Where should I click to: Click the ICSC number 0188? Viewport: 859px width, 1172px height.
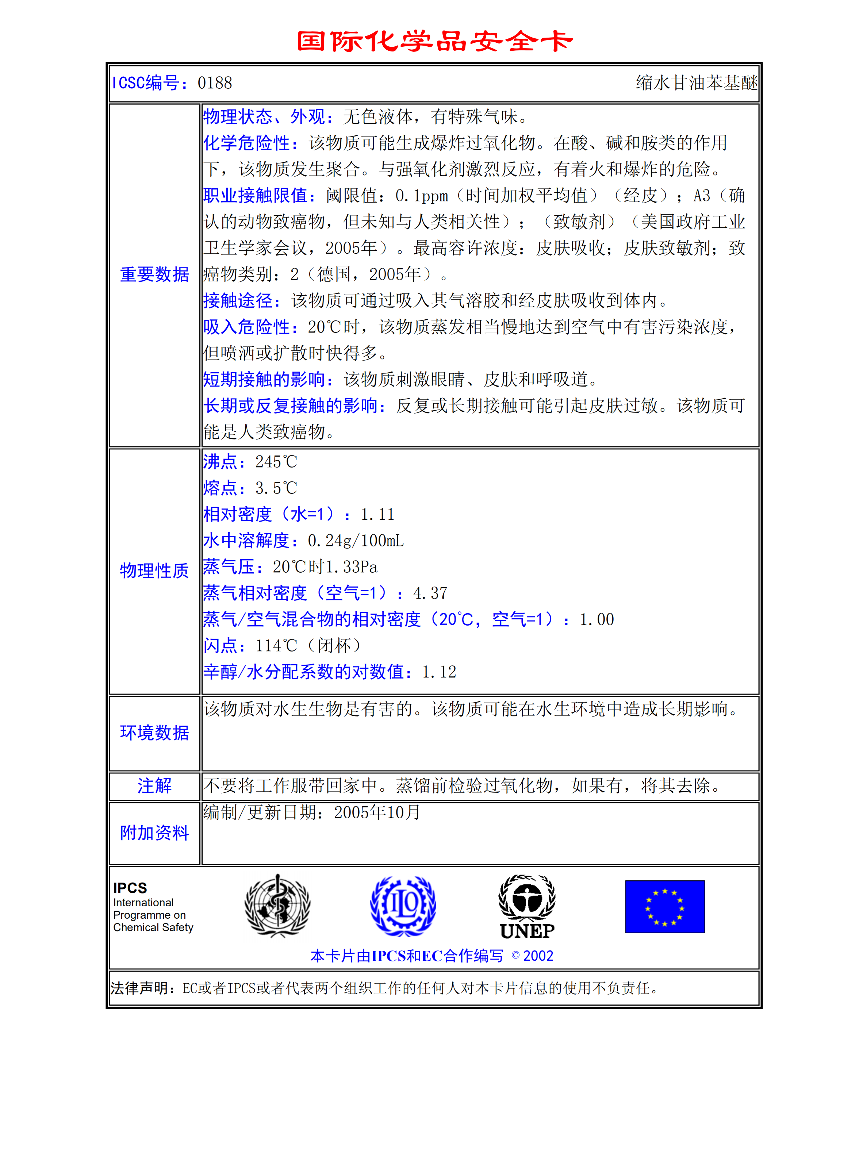pyautogui.click(x=215, y=83)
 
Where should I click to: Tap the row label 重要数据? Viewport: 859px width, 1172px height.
pyautogui.click(x=154, y=274)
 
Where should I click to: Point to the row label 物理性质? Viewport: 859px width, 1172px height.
pyautogui.click(x=154, y=570)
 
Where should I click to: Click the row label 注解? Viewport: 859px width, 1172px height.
pyautogui.click(x=154, y=785)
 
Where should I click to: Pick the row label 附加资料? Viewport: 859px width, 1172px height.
pyautogui.click(x=154, y=833)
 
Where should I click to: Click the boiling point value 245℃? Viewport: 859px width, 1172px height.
pyautogui.click(x=276, y=461)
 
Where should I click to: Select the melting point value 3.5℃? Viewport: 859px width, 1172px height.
pyautogui.click(x=276, y=488)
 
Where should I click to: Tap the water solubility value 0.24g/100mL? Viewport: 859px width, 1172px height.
pyautogui.click(x=356, y=541)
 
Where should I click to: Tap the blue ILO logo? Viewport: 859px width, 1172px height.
pyautogui.click(x=403, y=906)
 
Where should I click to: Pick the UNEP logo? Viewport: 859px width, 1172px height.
pyautogui.click(x=527, y=907)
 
